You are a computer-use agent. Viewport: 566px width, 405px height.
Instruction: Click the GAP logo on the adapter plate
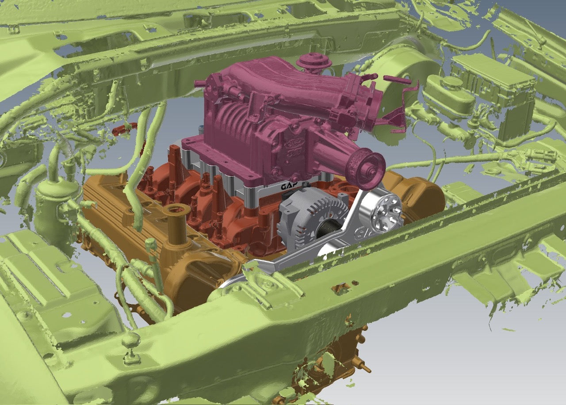293,186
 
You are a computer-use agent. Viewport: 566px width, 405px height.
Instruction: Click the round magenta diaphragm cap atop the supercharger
314,61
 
